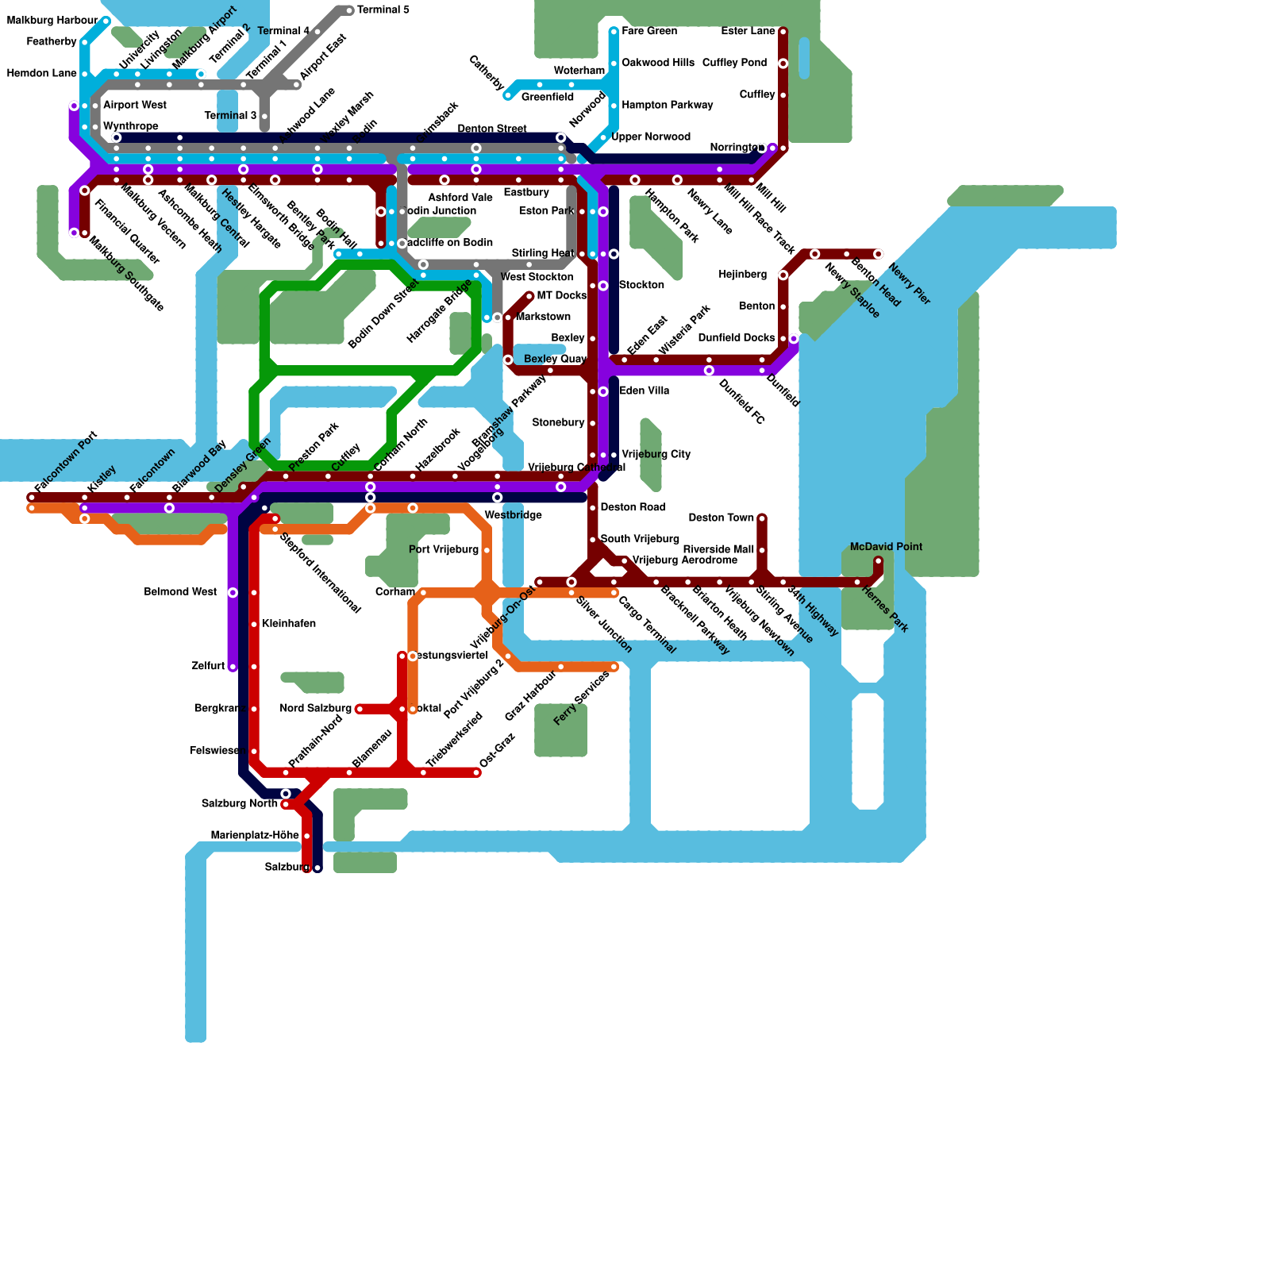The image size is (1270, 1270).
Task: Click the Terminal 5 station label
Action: coord(383,10)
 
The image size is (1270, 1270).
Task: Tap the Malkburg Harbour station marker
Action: coord(106,21)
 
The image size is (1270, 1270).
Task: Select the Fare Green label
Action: coord(649,31)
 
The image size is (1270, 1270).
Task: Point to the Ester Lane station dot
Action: coord(783,32)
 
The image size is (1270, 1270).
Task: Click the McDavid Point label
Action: coord(886,547)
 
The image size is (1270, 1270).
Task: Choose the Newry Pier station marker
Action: coord(878,254)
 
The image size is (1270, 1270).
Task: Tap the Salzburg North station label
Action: coord(239,803)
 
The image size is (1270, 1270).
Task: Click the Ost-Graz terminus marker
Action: coord(478,772)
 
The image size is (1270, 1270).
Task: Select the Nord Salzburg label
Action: coord(315,708)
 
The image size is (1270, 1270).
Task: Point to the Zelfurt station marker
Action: coord(233,667)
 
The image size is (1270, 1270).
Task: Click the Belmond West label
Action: coord(180,592)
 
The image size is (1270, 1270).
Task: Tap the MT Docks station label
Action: coord(561,295)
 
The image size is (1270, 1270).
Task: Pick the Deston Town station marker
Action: coord(762,518)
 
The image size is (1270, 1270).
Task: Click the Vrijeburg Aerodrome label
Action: coord(684,560)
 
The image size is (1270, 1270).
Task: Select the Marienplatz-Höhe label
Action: coord(255,835)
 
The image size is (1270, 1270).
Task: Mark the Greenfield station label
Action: coord(547,97)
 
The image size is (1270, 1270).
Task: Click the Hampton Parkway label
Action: coord(667,105)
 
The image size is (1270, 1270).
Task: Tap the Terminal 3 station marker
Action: coord(264,116)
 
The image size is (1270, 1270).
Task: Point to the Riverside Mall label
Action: coord(718,549)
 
